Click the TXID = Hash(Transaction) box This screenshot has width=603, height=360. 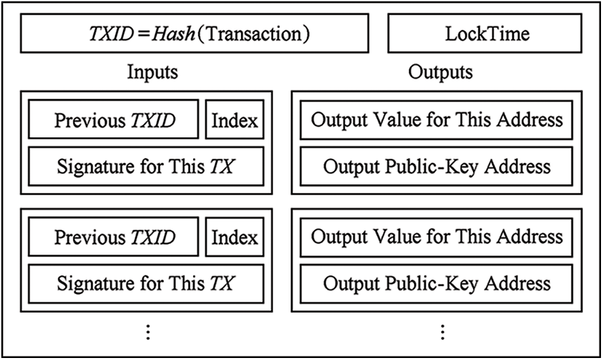(x=194, y=34)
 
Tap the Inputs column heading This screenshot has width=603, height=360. (x=153, y=72)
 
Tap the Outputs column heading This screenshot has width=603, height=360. (x=440, y=72)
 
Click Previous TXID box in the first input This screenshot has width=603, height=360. (x=114, y=121)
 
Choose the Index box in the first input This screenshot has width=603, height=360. (x=235, y=121)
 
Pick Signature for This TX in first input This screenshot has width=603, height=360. (x=146, y=167)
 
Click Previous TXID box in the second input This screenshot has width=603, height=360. (x=114, y=237)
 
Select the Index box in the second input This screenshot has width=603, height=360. (x=235, y=237)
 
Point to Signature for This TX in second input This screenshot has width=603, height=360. (x=146, y=283)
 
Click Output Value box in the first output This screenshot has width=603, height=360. (x=436, y=121)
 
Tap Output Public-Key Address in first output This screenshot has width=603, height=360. (x=436, y=167)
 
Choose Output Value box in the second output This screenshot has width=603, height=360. (x=436, y=237)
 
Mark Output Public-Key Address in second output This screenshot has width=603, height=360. (x=436, y=283)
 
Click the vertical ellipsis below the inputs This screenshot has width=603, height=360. (x=148, y=331)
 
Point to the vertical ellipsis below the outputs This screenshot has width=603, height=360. (x=441, y=331)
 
